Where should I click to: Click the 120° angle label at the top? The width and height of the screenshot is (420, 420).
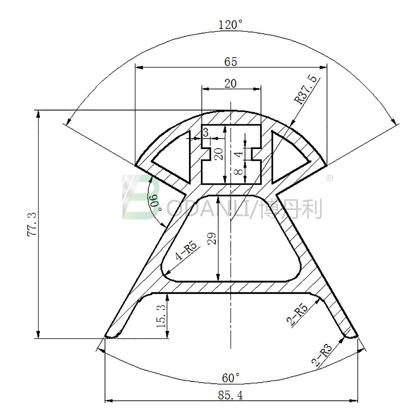pyautogui.click(x=231, y=25)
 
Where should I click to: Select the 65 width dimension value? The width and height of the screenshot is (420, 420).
pyautogui.click(x=231, y=62)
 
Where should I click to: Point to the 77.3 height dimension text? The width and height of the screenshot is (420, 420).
pyautogui.click(x=32, y=224)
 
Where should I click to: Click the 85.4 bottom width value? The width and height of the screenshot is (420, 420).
pyautogui.click(x=230, y=395)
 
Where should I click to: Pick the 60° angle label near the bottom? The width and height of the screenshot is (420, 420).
pyautogui.click(x=231, y=378)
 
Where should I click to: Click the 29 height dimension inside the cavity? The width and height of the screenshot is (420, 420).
pyautogui.click(x=212, y=238)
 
